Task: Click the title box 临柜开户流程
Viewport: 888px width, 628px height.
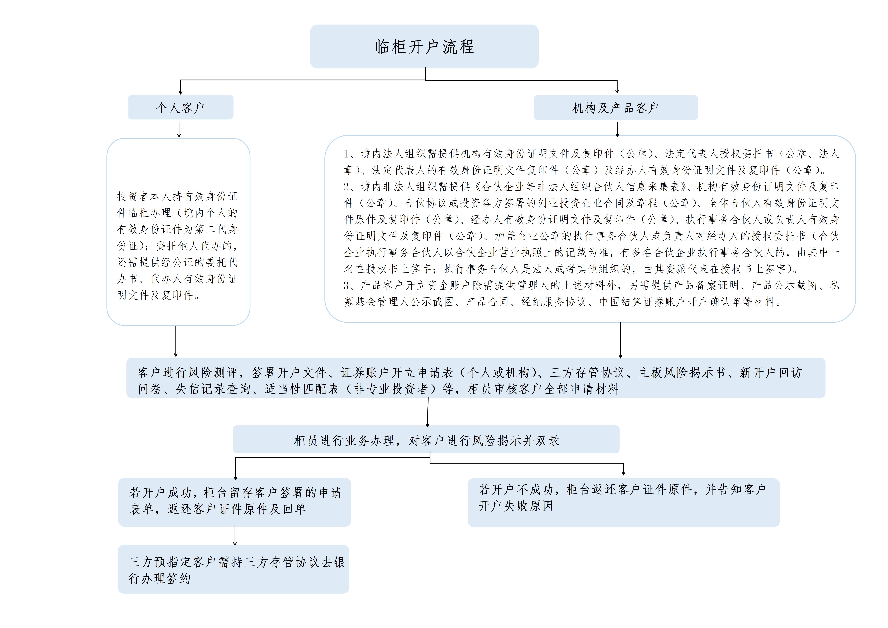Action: click(424, 46)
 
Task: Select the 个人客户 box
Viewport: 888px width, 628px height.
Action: click(181, 107)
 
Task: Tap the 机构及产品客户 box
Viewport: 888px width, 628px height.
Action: click(616, 108)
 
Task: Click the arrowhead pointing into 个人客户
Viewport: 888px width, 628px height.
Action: click(181, 92)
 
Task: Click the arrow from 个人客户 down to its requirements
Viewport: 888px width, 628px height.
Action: click(179, 130)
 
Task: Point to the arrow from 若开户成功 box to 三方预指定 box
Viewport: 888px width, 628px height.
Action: click(235, 536)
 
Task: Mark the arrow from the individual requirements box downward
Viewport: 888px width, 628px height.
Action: click(176, 341)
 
